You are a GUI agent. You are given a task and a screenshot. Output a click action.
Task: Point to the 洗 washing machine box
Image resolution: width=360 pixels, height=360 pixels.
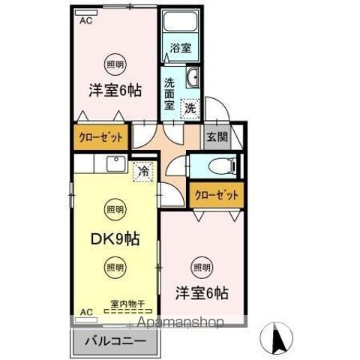pos(190,107)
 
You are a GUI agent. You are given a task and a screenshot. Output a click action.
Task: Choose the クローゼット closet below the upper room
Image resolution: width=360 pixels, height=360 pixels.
pos(101,137)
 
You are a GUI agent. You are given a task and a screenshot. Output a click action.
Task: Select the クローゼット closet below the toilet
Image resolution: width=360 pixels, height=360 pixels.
pos(217,194)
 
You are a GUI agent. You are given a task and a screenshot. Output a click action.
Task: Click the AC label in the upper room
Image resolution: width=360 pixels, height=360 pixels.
pos(85,21)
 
